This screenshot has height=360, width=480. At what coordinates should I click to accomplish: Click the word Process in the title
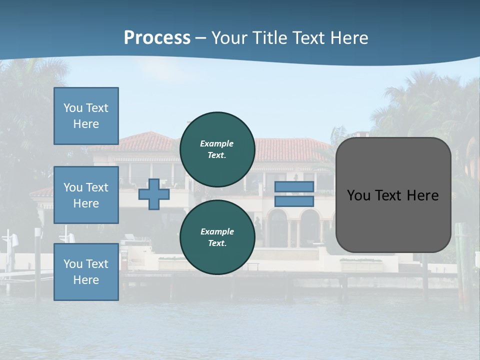(x=157, y=38)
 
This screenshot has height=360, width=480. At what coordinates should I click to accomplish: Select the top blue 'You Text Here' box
(x=86, y=116)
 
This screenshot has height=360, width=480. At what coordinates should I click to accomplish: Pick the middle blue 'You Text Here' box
(x=86, y=195)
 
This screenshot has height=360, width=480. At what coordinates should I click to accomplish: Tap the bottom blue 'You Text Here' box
(x=86, y=272)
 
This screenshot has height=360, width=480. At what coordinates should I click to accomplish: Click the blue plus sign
(x=154, y=194)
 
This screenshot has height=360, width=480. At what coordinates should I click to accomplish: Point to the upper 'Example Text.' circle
(x=217, y=149)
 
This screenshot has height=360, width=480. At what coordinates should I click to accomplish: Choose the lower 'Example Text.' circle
(x=217, y=237)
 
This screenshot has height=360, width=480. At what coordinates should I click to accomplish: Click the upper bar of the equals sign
(x=294, y=187)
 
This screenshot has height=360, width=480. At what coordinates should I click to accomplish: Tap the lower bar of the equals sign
(x=294, y=201)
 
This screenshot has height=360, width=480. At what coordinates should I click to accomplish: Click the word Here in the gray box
(x=422, y=195)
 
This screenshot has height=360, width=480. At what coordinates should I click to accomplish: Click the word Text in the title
(x=307, y=38)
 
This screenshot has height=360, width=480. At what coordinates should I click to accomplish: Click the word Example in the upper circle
(x=217, y=143)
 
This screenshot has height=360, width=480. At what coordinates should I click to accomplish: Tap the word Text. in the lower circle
(x=217, y=243)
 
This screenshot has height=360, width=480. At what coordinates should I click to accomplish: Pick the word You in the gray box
(x=358, y=195)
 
